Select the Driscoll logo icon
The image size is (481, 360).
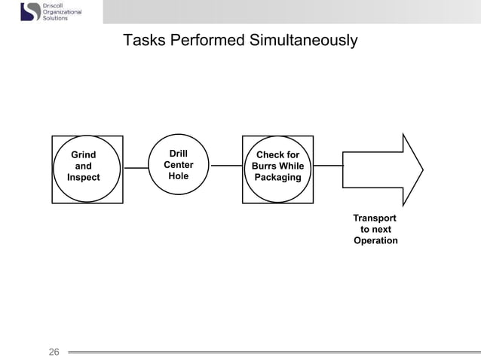coord(30,11)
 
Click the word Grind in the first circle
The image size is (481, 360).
coord(83,154)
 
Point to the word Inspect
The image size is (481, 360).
coord(83,178)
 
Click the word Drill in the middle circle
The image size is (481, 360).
coord(179,153)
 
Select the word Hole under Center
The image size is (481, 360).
coord(179,176)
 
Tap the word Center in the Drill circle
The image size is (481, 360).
coord(179,165)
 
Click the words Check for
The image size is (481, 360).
coord(278,155)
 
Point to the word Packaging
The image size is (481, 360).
coord(278,178)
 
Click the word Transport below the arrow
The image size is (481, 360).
coord(375,218)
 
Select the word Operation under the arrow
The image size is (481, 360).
coord(375,240)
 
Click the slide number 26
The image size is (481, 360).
coord(54,351)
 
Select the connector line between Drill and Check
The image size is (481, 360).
coord(227,165)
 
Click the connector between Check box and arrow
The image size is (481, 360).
coord(328,165)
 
